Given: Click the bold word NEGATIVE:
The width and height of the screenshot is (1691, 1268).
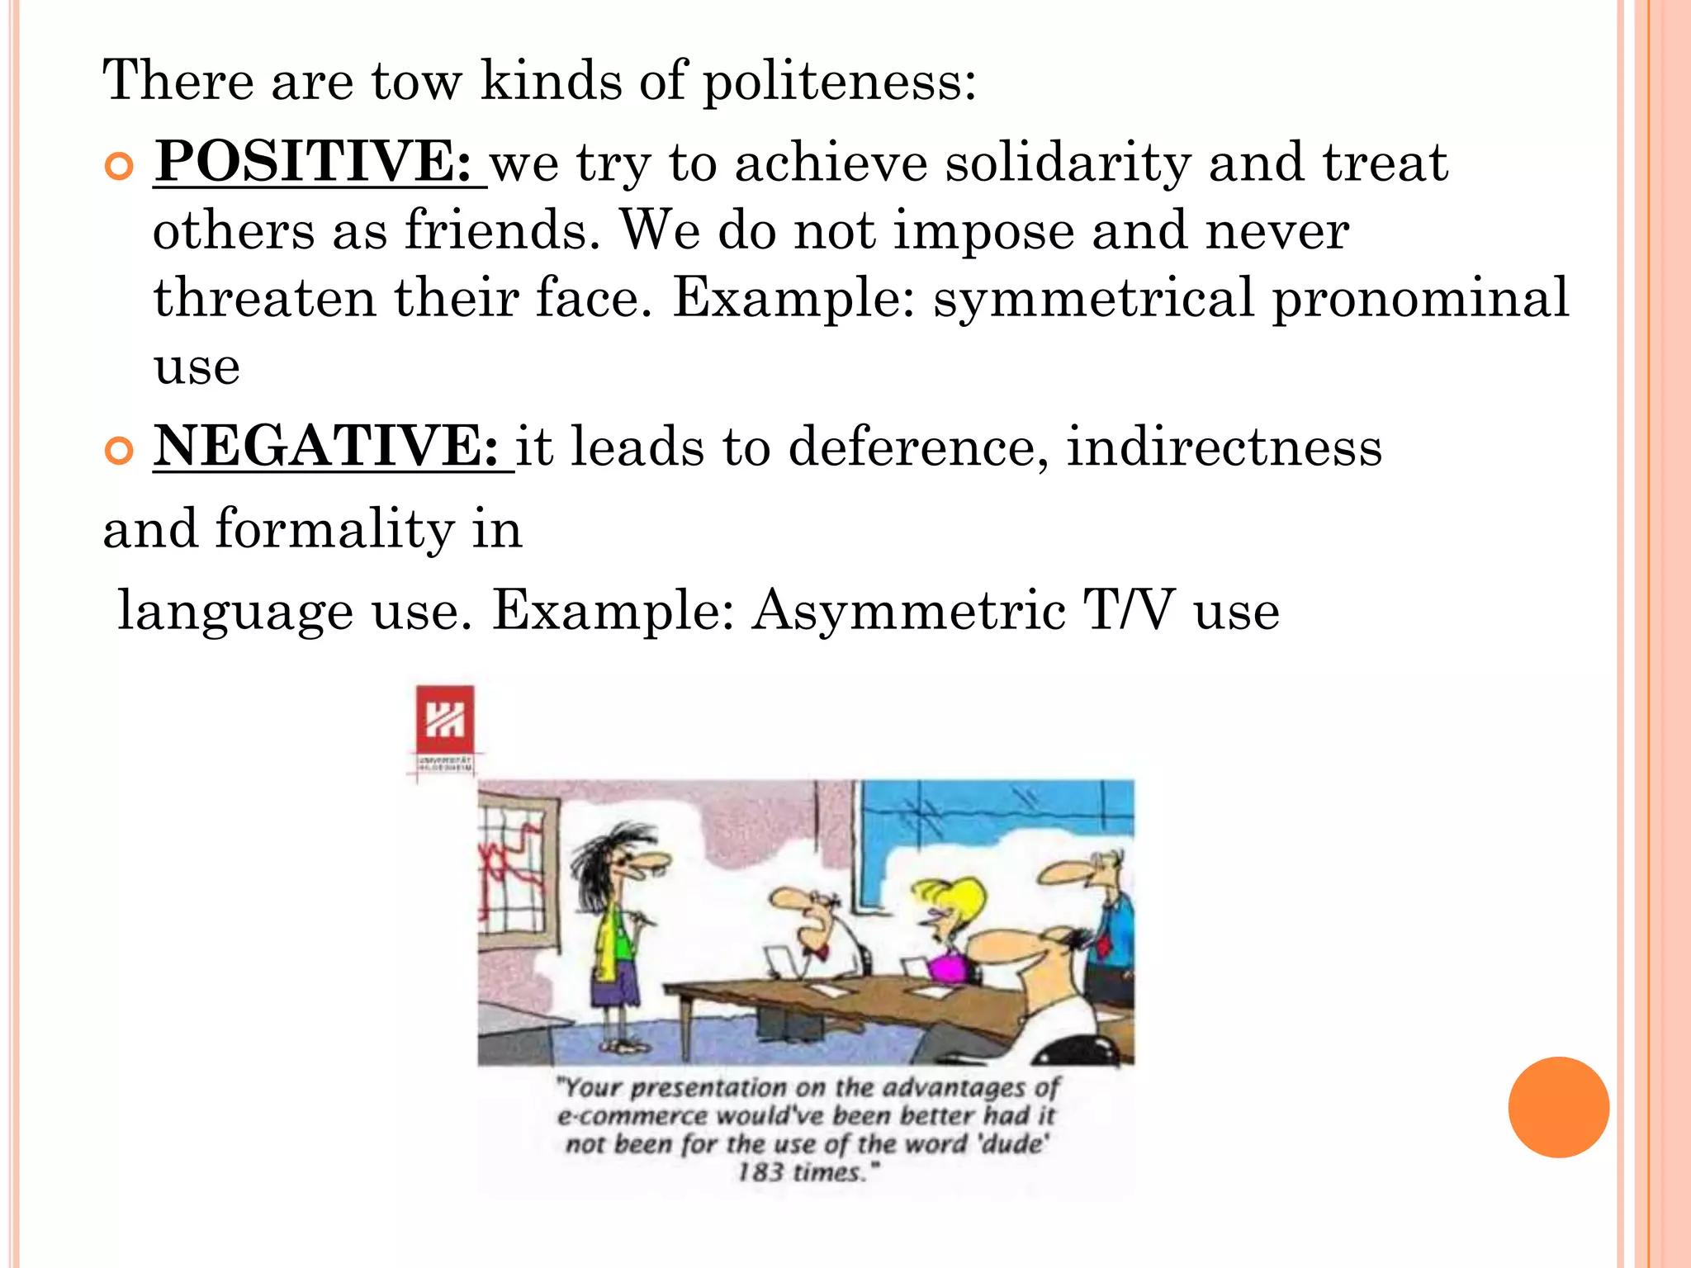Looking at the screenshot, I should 327,446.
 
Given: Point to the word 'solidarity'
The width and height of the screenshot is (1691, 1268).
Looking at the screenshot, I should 1068,162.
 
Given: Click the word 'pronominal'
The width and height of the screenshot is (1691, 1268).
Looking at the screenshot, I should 1419,299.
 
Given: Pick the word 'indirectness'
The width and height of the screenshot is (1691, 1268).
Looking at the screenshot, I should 1224,447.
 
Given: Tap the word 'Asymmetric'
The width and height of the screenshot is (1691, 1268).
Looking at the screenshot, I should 908,611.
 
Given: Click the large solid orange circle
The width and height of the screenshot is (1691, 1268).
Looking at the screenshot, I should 1558,1107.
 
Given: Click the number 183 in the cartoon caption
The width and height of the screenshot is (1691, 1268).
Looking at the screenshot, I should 760,1172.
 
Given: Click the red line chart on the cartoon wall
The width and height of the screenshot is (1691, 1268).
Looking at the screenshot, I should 512,867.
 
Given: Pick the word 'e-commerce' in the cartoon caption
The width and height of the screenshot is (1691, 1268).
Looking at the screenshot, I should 632,1117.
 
